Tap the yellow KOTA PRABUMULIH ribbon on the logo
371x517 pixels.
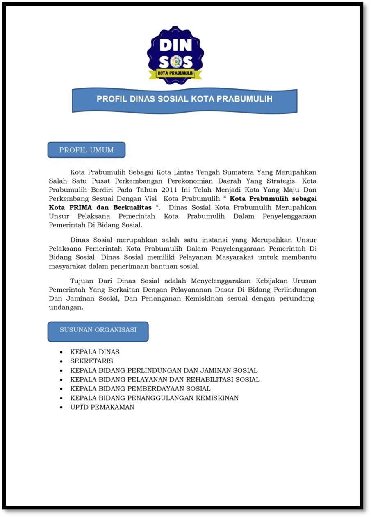(x=175, y=74)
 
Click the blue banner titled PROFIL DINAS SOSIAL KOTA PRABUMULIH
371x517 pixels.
(x=184, y=100)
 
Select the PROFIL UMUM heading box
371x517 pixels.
(x=86, y=150)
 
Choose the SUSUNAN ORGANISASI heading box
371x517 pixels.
(x=98, y=330)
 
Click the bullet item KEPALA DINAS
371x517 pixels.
(x=95, y=352)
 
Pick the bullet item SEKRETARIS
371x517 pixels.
(x=91, y=361)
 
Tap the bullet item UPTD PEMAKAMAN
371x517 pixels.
(x=102, y=407)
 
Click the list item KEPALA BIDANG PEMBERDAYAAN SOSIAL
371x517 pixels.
(x=140, y=389)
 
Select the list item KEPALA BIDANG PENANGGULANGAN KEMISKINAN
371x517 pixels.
(x=154, y=398)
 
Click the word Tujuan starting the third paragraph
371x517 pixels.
(x=82, y=281)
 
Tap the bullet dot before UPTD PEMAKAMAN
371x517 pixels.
(x=61, y=408)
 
